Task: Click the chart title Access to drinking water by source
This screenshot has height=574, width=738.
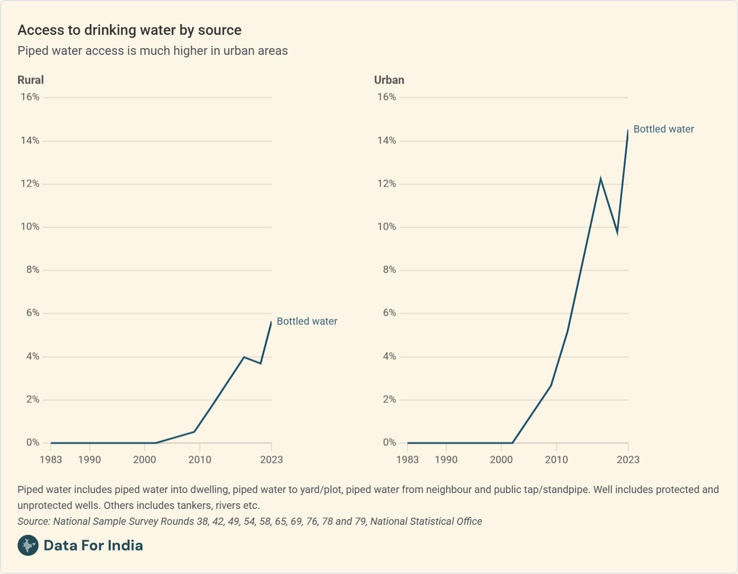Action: [x=129, y=30]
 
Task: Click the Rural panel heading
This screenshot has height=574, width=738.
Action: [x=31, y=80]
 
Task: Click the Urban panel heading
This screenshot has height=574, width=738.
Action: [x=389, y=80]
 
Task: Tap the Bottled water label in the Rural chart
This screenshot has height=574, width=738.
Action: [x=307, y=321]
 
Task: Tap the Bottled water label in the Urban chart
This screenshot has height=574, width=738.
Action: [x=664, y=129]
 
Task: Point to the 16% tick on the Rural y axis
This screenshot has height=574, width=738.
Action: [x=30, y=97]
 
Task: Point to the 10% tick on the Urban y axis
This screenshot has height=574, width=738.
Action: [x=386, y=227]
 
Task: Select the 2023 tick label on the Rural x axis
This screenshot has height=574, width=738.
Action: [x=271, y=460]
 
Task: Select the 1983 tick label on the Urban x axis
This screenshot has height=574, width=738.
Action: [x=407, y=460]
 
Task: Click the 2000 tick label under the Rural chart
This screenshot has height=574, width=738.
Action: [x=145, y=460]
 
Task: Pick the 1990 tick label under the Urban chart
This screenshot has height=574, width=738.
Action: [x=446, y=460]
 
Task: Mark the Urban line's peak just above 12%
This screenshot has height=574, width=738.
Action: [x=601, y=178]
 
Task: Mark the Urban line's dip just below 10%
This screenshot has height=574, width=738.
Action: [x=617, y=233]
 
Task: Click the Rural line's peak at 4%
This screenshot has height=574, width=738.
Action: [x=244, y=357]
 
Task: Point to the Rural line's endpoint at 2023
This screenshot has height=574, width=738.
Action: [x=271, y=322]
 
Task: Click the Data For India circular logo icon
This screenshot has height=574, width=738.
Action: [x=28, y=545]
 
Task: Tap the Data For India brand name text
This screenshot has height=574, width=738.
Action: [x=93, y=545]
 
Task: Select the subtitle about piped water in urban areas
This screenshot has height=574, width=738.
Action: [x=153, y=51]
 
